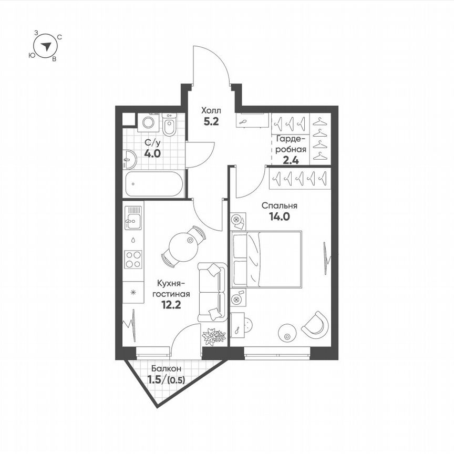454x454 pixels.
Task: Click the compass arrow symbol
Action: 47,46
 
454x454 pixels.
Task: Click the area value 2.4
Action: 291,160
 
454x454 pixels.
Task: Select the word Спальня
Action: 280,205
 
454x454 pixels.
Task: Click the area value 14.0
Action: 280,216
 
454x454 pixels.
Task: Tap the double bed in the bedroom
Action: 267,260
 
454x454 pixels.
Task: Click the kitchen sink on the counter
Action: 133,219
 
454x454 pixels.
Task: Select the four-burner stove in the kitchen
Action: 132,259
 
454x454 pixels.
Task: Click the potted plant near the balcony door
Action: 214,336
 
